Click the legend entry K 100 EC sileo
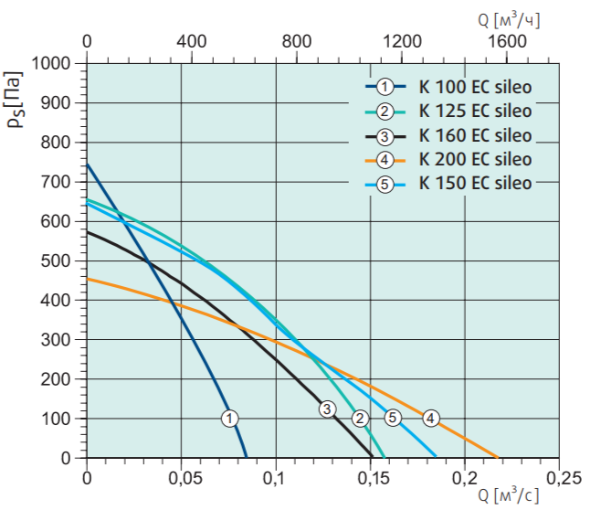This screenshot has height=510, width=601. pos(474,88)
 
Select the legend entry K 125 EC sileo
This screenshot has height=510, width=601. pos(474,112)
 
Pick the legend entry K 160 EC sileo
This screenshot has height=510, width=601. pos(474,136)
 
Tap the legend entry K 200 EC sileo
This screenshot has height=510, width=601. pos(474,159)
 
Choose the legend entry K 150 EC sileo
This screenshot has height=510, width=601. pos(474,183)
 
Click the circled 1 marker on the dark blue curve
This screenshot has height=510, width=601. pos(230,418)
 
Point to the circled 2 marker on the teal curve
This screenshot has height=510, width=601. pos(360,419)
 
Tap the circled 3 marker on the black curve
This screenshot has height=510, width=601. pos(327,409)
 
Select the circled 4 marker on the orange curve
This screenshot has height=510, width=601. pos(431,419)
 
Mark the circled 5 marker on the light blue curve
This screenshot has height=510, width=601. pos(393,418)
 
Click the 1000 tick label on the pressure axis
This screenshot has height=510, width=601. pos(50,64)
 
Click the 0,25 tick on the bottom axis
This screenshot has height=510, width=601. pos(560,478)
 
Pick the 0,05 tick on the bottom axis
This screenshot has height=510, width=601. pos(182,478)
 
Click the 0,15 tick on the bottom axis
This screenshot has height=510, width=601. pos(371,478)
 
